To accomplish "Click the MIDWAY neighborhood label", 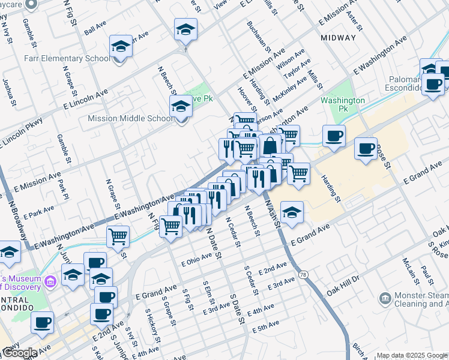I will tap(338, 37).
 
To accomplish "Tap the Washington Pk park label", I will tap(343, 104).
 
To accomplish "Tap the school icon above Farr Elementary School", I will tap(121, 46).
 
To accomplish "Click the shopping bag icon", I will tap(270, 145).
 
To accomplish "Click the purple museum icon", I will tap(51, 280).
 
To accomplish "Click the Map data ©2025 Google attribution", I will tap(412, 355).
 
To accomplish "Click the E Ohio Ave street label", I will tap(197, 259).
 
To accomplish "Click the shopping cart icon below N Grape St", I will tap(118, 236).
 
